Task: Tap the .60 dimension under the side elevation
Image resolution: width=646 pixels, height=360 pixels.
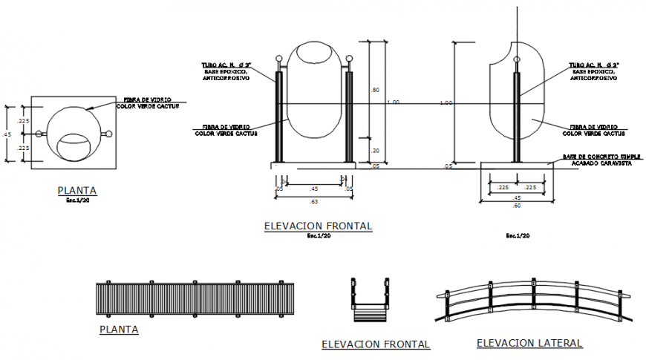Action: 517,206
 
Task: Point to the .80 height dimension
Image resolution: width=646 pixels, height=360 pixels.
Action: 375,90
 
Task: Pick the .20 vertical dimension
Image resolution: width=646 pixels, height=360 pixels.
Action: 375,150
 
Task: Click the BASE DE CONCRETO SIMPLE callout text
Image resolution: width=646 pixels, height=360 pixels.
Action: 591,157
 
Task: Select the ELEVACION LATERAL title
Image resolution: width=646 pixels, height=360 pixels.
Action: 529,342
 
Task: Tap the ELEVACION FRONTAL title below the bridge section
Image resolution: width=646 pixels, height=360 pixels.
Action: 375,344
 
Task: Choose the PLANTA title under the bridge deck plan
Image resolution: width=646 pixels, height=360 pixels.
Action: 119,329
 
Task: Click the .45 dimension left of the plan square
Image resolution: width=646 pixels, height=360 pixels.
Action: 7,134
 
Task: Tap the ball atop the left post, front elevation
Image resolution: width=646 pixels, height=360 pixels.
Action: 279,59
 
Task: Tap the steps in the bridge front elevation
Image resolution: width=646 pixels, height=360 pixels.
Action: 370,312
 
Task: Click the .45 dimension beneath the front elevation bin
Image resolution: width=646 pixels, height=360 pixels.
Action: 313,188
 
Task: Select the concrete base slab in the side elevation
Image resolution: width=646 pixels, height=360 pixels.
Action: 517,165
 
